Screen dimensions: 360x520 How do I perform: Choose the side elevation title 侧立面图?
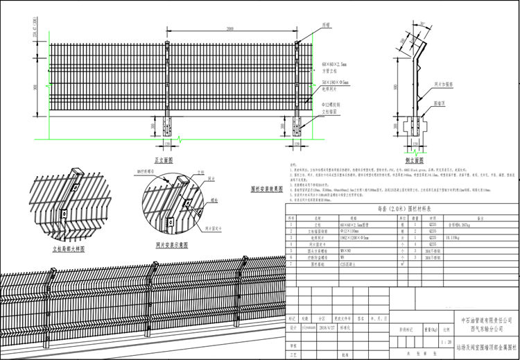(x=414, y=159)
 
